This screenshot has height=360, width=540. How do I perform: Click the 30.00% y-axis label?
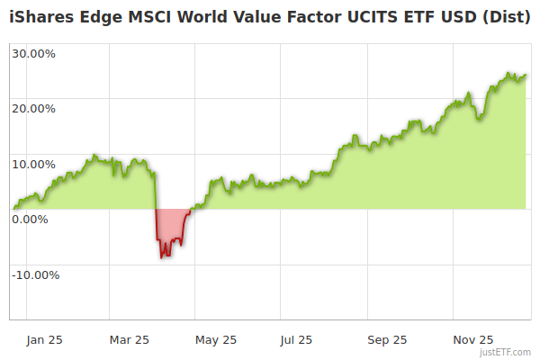33,53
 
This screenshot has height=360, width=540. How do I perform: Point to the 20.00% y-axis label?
33,109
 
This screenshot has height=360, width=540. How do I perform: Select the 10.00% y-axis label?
33,164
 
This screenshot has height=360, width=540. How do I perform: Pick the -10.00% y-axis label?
35,274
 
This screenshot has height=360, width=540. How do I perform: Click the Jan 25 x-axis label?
45,340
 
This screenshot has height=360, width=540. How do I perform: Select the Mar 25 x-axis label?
130,340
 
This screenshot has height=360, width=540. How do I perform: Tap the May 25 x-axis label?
216,340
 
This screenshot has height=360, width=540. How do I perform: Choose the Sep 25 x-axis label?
388,340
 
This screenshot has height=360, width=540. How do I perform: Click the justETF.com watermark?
506,352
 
